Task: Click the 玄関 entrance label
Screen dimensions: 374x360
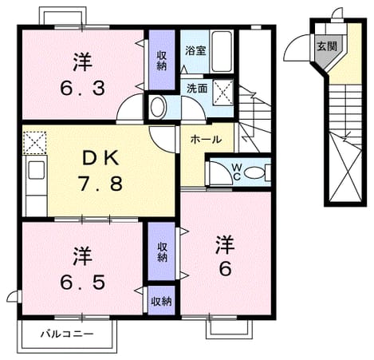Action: (x=327, y=46)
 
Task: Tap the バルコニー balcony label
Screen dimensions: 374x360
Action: (x=67, y=334)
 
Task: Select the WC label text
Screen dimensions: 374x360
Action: (x=237, y=172)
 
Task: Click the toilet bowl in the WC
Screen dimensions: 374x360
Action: (x=254, y=173)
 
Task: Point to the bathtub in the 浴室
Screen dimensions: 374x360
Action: (x=222, y=51)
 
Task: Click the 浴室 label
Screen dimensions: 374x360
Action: (x=195, y=50)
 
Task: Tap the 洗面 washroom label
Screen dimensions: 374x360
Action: (x=197, y=89)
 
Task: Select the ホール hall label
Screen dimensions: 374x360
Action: (x=207, y=139)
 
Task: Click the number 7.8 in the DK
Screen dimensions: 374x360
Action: (x=100, y=184)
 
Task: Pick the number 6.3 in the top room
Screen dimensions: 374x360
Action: (x=82, y=88)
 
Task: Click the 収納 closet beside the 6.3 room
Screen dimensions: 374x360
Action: (x=162, y=60)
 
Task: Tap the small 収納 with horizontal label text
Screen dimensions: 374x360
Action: (x=162, y=301)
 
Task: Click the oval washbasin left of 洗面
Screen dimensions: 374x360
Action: (x=157, y=107)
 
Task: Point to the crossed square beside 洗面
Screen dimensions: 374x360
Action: (x=222, y=92)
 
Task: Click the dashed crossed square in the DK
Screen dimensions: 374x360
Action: (x=35, y=143)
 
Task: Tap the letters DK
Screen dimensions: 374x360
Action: (x=100, y=159)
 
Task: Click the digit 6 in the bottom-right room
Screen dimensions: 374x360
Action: (x=225, y=268)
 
